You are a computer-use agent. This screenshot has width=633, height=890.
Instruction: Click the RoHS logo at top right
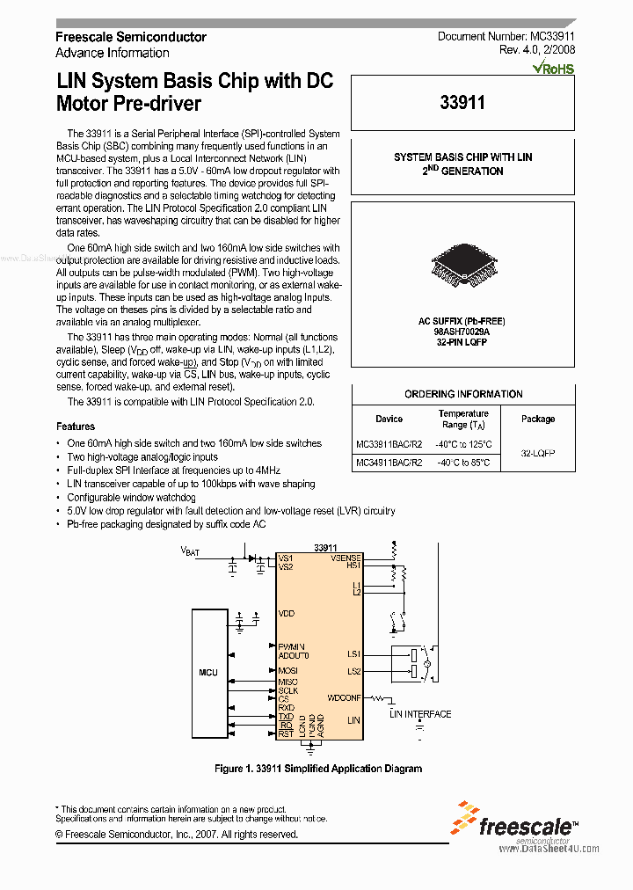553,68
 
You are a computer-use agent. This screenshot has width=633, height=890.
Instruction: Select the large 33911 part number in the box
462,103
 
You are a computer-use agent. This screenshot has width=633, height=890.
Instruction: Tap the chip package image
462,265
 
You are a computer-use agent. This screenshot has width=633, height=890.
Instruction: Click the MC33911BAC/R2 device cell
389,444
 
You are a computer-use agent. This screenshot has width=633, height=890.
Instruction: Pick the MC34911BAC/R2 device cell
389,462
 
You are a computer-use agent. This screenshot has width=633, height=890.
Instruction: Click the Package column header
538,419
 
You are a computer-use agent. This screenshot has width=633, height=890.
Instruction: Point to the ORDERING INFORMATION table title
463,394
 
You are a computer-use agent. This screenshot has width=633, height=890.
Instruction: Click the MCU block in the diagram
208,672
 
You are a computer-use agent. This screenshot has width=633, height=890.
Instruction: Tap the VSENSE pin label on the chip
346,558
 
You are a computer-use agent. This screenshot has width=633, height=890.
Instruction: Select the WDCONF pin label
344,698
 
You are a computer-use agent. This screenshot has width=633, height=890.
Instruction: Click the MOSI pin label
287,671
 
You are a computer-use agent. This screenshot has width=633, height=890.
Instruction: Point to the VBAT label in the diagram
190,551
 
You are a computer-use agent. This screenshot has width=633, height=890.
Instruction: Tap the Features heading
76,427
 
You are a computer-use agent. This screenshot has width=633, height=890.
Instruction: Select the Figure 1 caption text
318,768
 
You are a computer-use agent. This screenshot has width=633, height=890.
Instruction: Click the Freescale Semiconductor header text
131,37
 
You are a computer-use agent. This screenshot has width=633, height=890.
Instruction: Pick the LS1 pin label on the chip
353,653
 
